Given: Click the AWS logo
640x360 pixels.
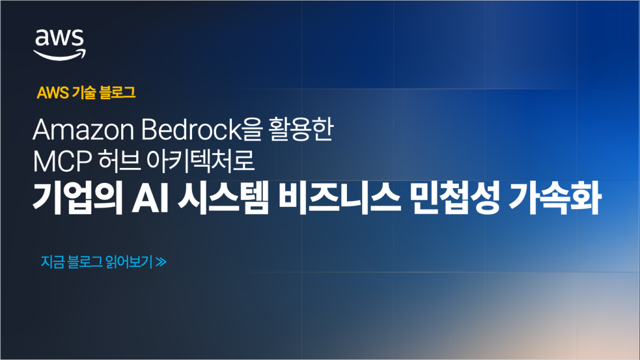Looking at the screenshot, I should coord(59,43).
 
